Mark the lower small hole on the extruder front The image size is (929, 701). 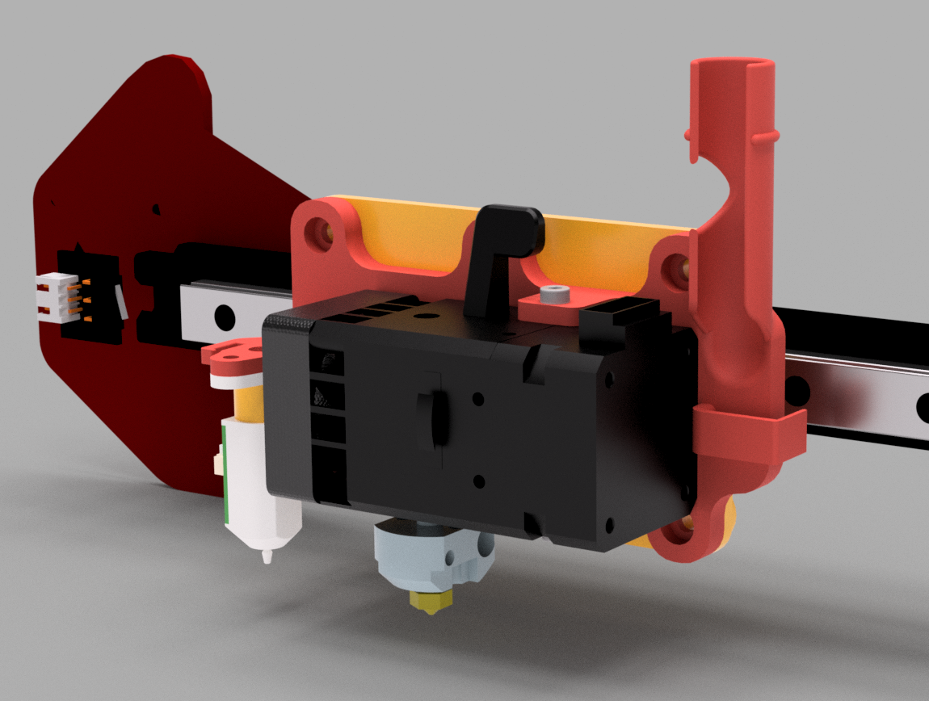(479, 482)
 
